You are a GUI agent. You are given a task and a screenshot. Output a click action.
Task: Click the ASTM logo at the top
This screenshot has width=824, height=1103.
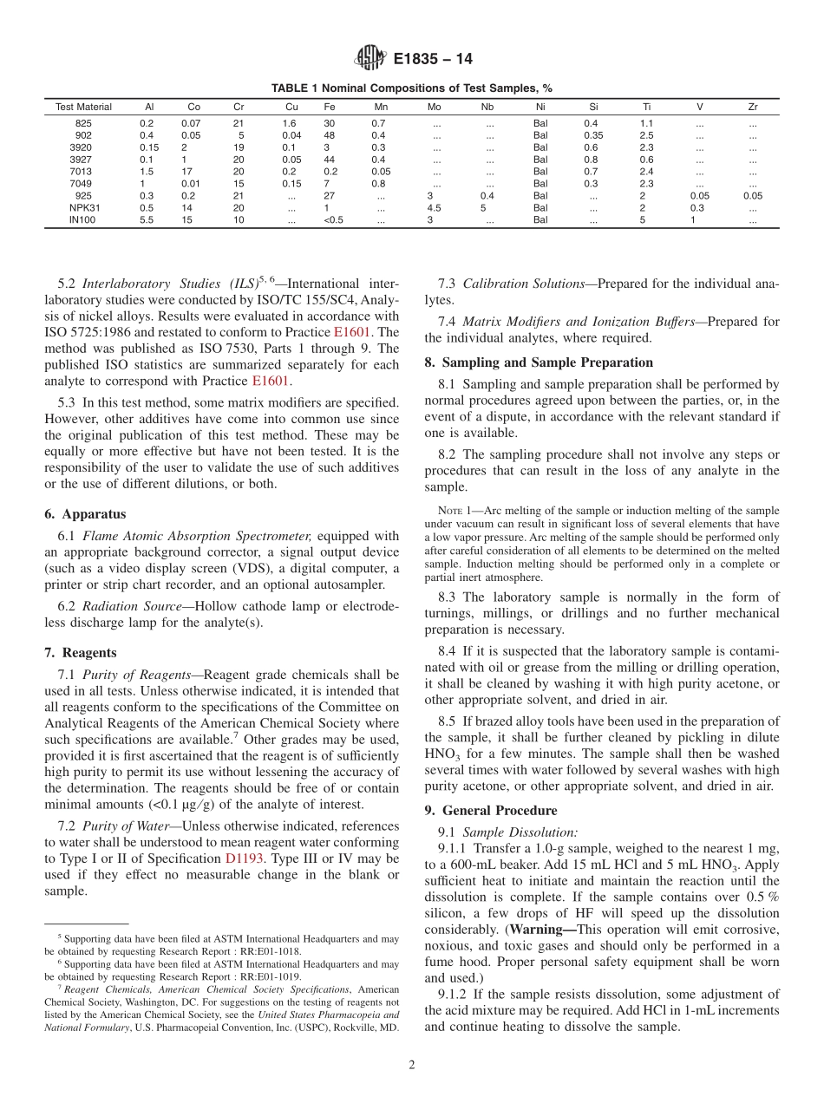pyautogui.click(x=370, y=59)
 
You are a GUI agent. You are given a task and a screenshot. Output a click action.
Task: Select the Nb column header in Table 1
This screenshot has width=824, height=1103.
pyautogui.click(x=487, y=108)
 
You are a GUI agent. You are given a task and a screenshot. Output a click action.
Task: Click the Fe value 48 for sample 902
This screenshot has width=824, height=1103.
pyautogui.click(x=330, y=135)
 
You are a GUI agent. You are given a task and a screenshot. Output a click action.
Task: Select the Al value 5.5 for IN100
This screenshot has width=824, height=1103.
pyautogui.click(x=147, y=220)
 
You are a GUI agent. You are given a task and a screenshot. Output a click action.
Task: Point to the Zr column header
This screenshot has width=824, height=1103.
pyautogui.click(x=752, y=108)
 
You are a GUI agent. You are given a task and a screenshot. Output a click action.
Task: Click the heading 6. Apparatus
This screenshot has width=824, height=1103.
pyautogui.click(x=85, y=514)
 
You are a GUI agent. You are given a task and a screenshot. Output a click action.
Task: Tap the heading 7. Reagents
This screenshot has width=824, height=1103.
pyautogui.click(x=80, y=653)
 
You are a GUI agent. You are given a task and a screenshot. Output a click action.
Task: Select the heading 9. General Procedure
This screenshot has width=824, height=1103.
pyautogui.click(x=491, y=810)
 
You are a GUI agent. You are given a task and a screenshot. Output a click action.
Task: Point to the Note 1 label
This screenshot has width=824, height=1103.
pyautogui.click(x=455, y=511)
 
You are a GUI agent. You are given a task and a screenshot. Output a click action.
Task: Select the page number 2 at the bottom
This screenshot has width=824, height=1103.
pyautogui.click(x=412, y=1066)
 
